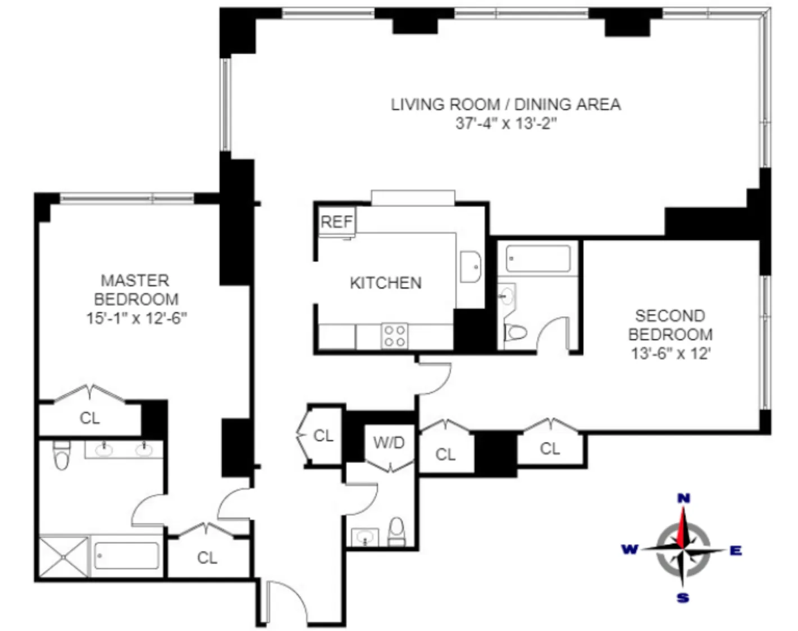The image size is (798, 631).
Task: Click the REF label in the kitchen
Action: (x=336, y=222)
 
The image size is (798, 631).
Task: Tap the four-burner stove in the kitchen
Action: (x=394, y=336)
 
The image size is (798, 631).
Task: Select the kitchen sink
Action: (x=470, y=267)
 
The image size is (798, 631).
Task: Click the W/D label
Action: (x=389, y=442)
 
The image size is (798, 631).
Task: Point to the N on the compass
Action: (x=683, y=498)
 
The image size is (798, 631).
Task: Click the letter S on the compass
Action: (x=683, y=598)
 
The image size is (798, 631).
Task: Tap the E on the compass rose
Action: (x=735, y=551)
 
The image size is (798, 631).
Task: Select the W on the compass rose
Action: (x=630, y=549)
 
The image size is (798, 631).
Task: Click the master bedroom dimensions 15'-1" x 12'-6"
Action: (x=136, y=318)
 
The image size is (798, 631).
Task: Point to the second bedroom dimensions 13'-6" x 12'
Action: (x=671, y=354)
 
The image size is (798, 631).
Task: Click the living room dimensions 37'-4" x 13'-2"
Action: (x=505, y=123)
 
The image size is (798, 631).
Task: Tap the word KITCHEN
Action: (x=385, y=282)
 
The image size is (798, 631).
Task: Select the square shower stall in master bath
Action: (x=64, y=556)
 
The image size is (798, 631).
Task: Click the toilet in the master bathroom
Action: (x=62, y=456)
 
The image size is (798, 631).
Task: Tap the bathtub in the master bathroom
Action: (x=126, y=556)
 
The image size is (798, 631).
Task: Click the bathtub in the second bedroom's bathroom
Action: (x=537, y=259)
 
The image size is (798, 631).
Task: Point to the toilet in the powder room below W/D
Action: (x=396, y=532)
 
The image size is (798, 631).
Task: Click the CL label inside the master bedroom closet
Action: (x=90, y=418)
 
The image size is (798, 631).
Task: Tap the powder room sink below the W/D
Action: (x=365, y=537)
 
